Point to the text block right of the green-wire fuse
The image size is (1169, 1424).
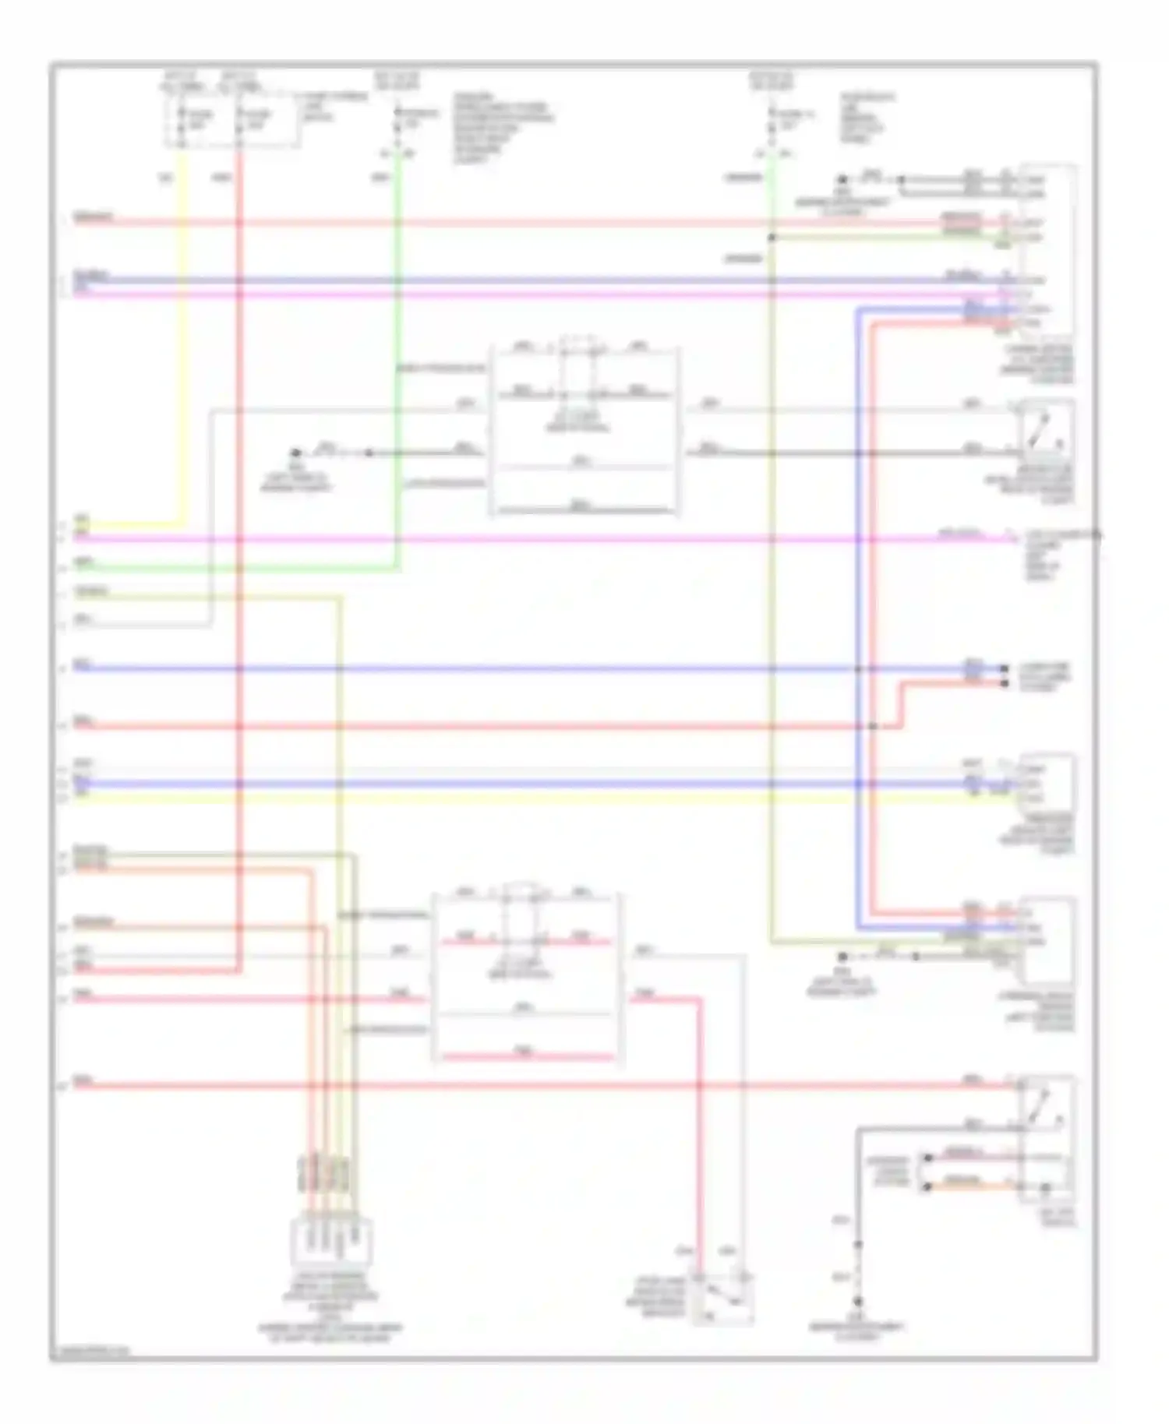(x=503, y=129)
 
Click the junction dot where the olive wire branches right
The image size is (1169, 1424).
(x=772, y=238)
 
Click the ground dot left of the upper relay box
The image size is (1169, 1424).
(x=295, y=453)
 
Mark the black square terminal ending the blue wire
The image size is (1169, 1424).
(x=1005, y=668)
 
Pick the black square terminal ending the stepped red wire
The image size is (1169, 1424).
(x=1005, y=683)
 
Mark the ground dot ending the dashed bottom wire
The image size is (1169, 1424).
(x=858, y=1302)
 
